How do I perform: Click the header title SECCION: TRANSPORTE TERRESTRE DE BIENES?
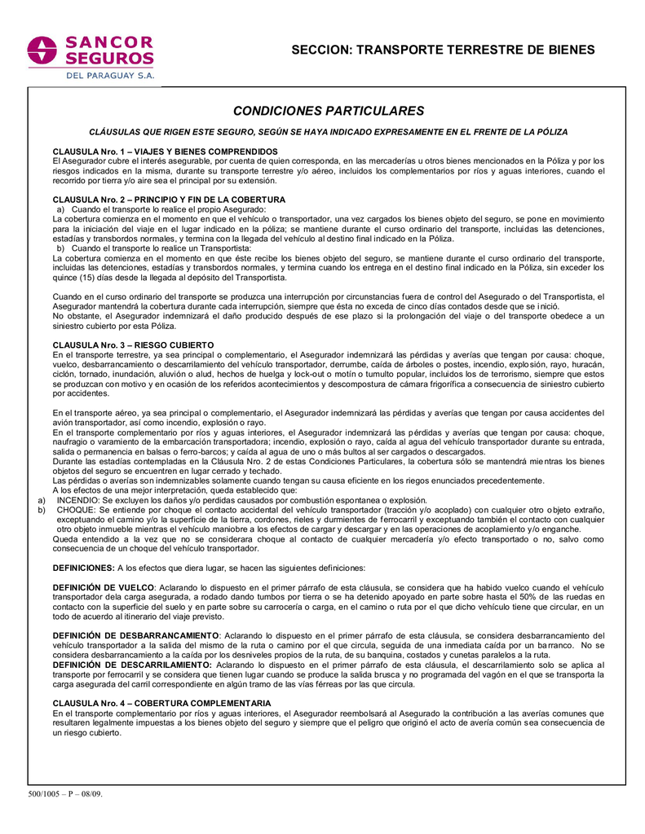[444, 50]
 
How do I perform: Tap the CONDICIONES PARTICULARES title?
[329, 111]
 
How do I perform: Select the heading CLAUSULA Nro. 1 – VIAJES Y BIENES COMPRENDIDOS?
[165, 152]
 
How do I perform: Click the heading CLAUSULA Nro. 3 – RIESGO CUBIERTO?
[133, 345]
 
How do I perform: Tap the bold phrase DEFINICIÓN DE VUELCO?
[104, 586]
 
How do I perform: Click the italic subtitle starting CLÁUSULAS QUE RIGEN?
[329, 132]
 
